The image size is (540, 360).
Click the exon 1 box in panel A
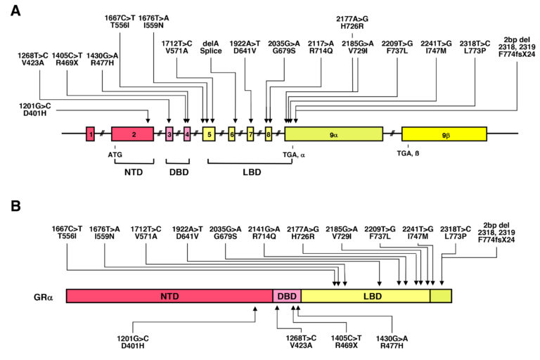pos(90,134)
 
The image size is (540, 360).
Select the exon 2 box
pos(133,134)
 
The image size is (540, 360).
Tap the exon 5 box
pos(209,134)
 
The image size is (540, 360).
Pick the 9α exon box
pos(334,134)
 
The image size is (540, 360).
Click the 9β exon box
pos(444,134)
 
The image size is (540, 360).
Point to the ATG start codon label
pos(115,155)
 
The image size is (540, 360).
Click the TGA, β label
pos(408,153)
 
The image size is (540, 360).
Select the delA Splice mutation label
pos(211,47)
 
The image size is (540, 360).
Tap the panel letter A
pos(15,11)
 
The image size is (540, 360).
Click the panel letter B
pos(15,206)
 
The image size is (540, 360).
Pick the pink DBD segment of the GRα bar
pos(287,296)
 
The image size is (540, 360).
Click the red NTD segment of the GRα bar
pos(169,296)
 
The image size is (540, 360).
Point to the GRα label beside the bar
pos(43,297)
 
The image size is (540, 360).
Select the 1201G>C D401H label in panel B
pos(133,342)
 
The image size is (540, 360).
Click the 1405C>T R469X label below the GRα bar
pos(346,342)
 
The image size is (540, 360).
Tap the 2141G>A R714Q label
pos(264,233)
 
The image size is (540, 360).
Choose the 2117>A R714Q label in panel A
pos(321,47)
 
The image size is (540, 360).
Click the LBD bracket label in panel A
pos(252,172)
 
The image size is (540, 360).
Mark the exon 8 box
pos(269,134)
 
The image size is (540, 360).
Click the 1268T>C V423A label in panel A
pos(33,59)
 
